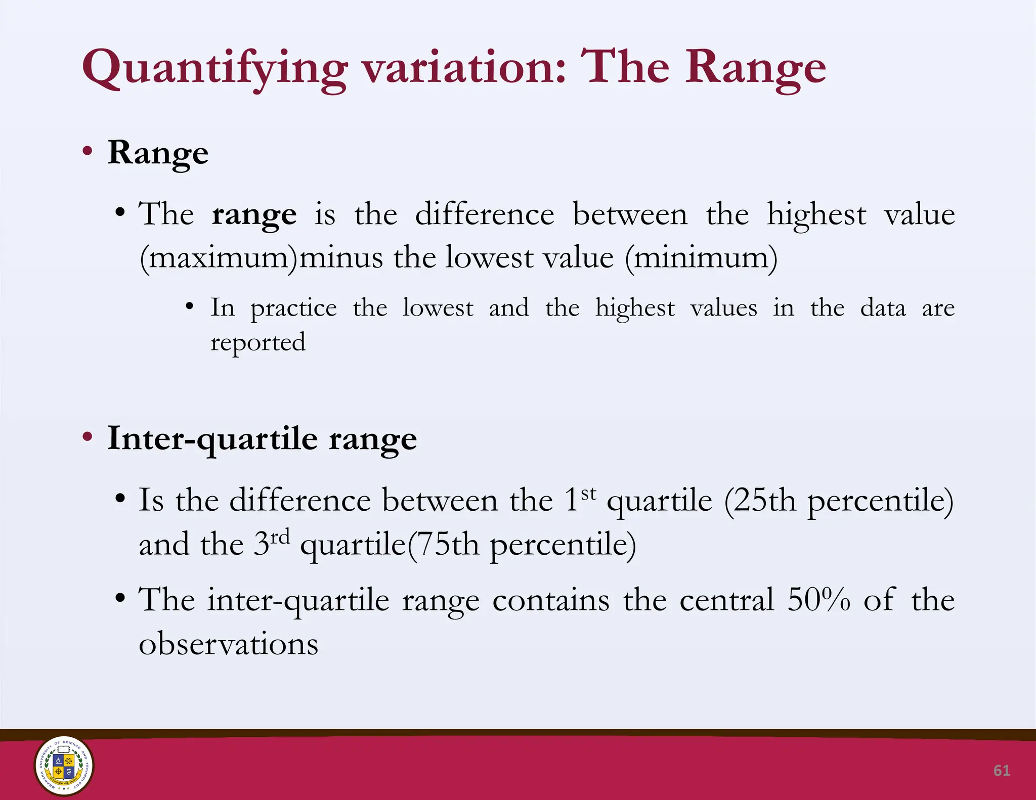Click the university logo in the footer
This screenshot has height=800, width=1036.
pos(64,765)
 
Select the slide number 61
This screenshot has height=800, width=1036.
pos(1002,770)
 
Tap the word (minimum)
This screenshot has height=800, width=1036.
pos(701,258)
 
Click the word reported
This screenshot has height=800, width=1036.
pos(258,343)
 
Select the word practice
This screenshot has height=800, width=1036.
pos(293,308)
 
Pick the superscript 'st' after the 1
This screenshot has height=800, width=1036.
pos(588,493)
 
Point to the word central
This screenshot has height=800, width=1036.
pos(726,600)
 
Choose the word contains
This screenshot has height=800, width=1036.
pos(551,600)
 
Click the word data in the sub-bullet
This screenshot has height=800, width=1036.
pos(883,308)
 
